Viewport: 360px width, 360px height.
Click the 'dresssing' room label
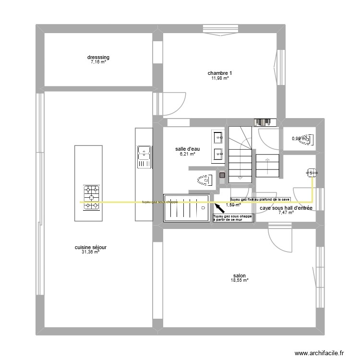[x=98, y=58]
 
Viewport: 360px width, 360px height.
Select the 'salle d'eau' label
[x=187, y=149]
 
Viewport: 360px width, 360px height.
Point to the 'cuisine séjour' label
[x=90, y=248]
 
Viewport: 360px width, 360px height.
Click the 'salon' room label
[x=240, y=276]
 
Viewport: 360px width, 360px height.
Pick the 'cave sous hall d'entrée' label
[x=286, y=208]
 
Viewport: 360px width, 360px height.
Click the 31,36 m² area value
[x=90, y=252]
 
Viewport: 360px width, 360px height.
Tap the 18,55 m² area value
[x=240, y=280]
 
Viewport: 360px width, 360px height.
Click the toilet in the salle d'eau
[x=204, y=180]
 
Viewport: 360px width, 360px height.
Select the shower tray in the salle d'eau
[x=186, y=207]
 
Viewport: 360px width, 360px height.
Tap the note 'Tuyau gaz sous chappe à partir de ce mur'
[x=233, y=218]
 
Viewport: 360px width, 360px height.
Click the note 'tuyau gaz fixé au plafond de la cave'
[x=260, y=199]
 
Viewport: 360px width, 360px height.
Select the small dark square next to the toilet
[x=222, y=176]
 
